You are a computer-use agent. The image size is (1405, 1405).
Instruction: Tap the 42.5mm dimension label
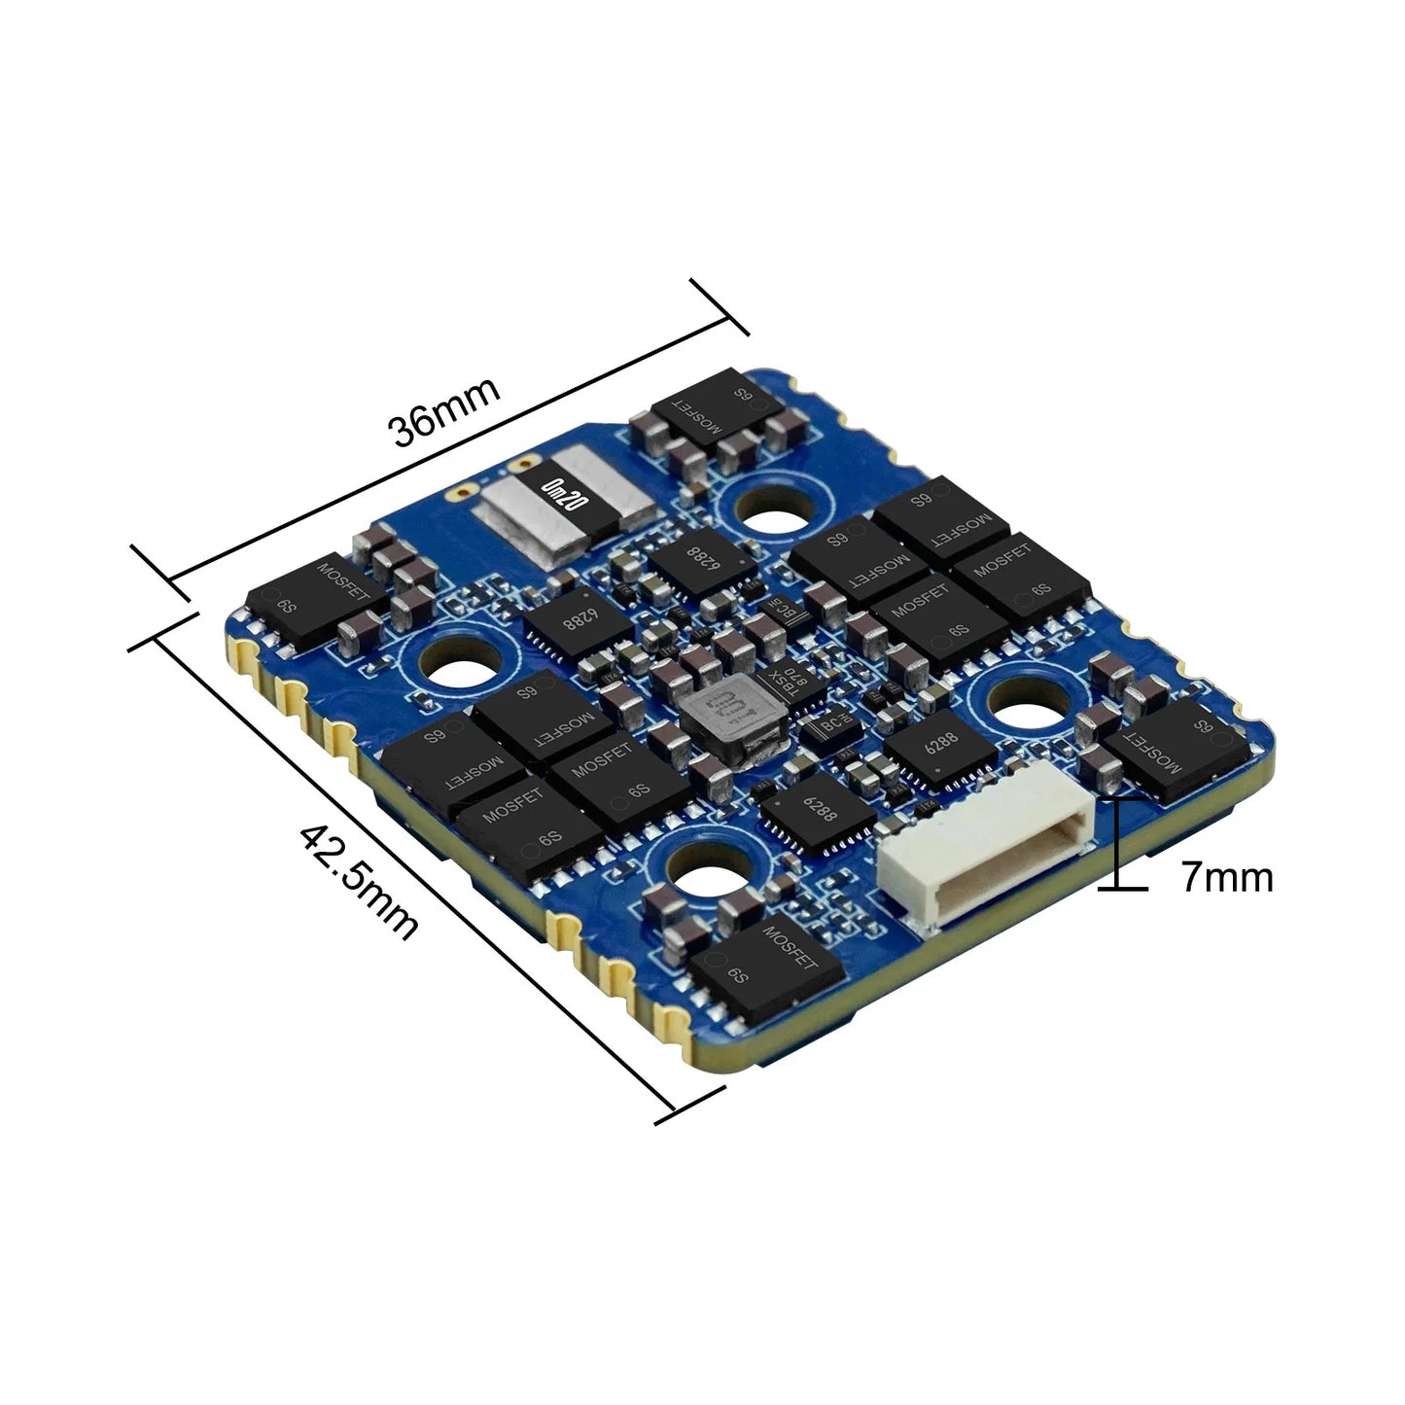358,882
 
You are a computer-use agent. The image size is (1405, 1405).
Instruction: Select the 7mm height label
1227,877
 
